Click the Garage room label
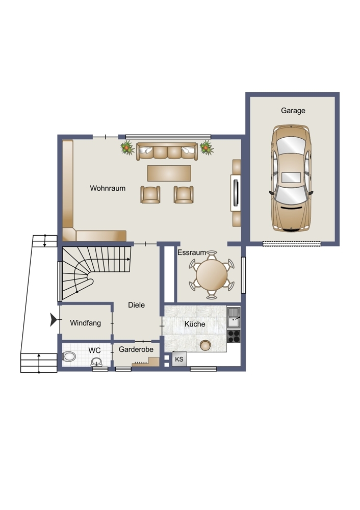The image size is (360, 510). [x=293, y=111]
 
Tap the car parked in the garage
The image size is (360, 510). [x=291, y=178]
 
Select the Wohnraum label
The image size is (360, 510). [x=108, y=188]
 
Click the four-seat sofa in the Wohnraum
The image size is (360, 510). [x=167, y=151]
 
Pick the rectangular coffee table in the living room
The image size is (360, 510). [x=169, y=173]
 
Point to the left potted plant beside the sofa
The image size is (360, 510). [x=127, y=148]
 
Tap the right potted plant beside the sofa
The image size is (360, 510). [x=207, y=148]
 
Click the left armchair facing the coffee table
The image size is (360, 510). [x=150, y=194]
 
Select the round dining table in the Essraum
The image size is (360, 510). [x=212, y=275]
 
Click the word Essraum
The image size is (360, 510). [x=192, y=252]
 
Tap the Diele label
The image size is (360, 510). [x=136, y=305]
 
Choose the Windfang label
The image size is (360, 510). [x=85, y=323]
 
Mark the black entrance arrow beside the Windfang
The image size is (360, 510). [x=54, y=320]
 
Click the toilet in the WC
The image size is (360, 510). [x=69, y=357]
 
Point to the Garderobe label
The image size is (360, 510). [x=136, y=349]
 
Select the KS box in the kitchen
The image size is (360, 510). [x=179, y=359]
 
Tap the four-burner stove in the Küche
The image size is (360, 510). [x=234, y=336]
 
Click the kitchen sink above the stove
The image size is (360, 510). [x=234, y=318]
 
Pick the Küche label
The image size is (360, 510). [x=195, y=324]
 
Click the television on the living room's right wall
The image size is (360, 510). [x=236, y=193]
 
